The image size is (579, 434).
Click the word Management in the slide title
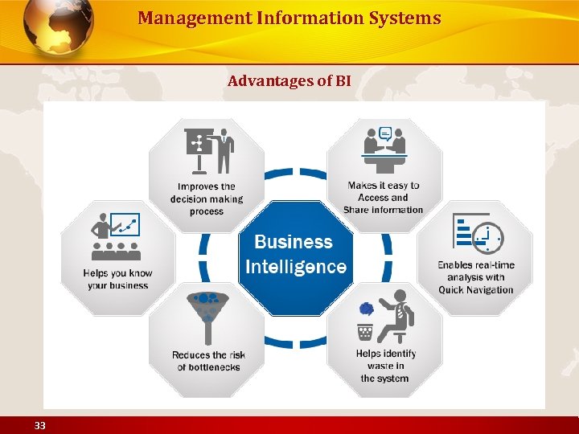tap(178, 18)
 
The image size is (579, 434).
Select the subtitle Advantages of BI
tap(289, 81)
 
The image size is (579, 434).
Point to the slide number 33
tap(40, 425)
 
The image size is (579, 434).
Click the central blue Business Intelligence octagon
tap(295, 256)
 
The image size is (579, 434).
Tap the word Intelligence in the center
tap(295, 267)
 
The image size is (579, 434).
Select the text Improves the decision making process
tap(207, 199)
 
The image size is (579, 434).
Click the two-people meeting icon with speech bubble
tap(385, 149)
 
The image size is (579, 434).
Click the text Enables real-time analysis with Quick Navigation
tap(476, 277)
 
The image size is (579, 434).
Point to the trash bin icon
tap(366, 330)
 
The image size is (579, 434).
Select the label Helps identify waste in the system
tap(385, 366)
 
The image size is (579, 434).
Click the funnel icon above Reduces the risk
tap(208, 313)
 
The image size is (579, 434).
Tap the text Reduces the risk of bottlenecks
tap(208, 361)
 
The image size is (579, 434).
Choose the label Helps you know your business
tap(117, 279)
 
